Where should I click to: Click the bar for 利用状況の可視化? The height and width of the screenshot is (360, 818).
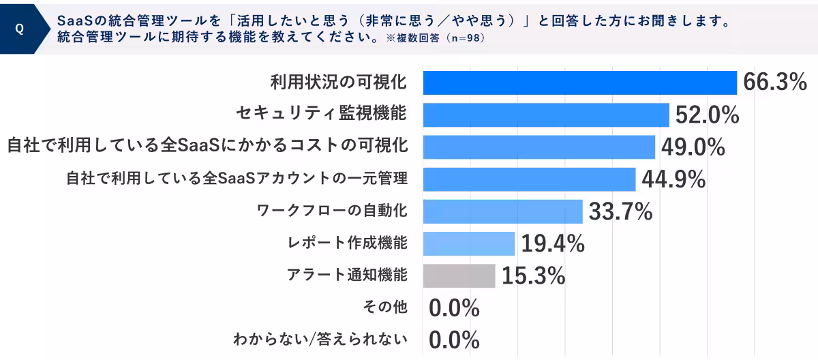tap(579, 82)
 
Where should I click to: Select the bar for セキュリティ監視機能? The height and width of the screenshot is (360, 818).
tap(546, 115)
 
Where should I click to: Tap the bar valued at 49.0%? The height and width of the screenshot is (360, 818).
tap(539, 147)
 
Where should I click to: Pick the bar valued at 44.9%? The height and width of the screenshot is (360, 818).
tap(529, 179)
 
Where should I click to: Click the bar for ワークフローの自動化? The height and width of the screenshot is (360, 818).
tap(502, 211)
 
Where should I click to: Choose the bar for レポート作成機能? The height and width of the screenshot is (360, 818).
tap(468, 243)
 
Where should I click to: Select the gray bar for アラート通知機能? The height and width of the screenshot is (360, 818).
tap(459, 275)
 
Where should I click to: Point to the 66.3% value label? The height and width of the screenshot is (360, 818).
tap(774, 82)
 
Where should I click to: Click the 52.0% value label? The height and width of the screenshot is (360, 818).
tap(707, 115)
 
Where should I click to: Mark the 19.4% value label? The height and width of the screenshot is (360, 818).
tap(553, 243)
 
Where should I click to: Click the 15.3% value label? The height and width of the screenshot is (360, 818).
tap(533, 275)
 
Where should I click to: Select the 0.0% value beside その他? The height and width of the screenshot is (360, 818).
tap(454, 308)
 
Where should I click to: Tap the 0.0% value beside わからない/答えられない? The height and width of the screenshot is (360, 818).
tap(454, 340)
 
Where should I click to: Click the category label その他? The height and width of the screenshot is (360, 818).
tap(386, 307)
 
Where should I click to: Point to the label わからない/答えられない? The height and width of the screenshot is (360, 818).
tap(320, 339)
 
